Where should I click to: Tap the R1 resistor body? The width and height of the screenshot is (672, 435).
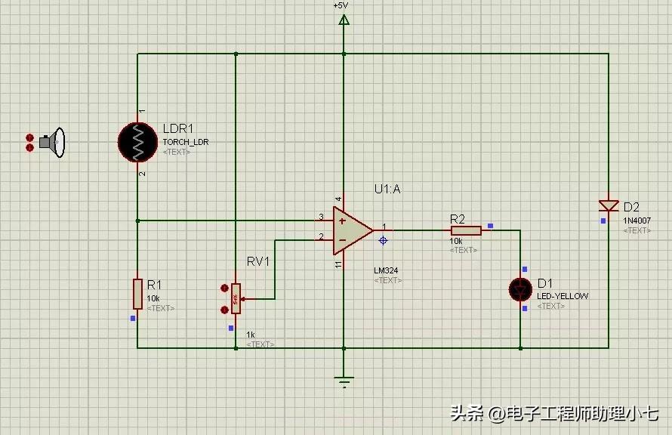(137, 293)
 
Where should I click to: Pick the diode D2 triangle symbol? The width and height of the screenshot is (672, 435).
(608, 205)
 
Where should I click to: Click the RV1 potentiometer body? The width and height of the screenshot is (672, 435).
(236, 298)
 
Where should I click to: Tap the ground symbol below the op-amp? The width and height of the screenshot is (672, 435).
(344, 381)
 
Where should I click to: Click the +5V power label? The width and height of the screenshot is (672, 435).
(341, 5)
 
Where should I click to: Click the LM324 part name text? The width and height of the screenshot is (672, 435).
(386, 270)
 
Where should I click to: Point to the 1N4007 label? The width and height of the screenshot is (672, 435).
(637, 221)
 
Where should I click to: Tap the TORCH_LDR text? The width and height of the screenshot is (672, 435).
(185, 141)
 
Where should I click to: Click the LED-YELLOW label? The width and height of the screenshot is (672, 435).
(562, 296)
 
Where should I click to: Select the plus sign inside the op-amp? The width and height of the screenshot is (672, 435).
(342, 221)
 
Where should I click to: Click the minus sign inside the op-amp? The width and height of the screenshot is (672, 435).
(342, 240)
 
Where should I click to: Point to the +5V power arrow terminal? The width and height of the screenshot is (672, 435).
(344, 20)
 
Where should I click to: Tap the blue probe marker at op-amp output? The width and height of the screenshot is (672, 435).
(383, 240)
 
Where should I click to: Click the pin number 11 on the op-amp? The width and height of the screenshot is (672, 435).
(338, 264)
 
